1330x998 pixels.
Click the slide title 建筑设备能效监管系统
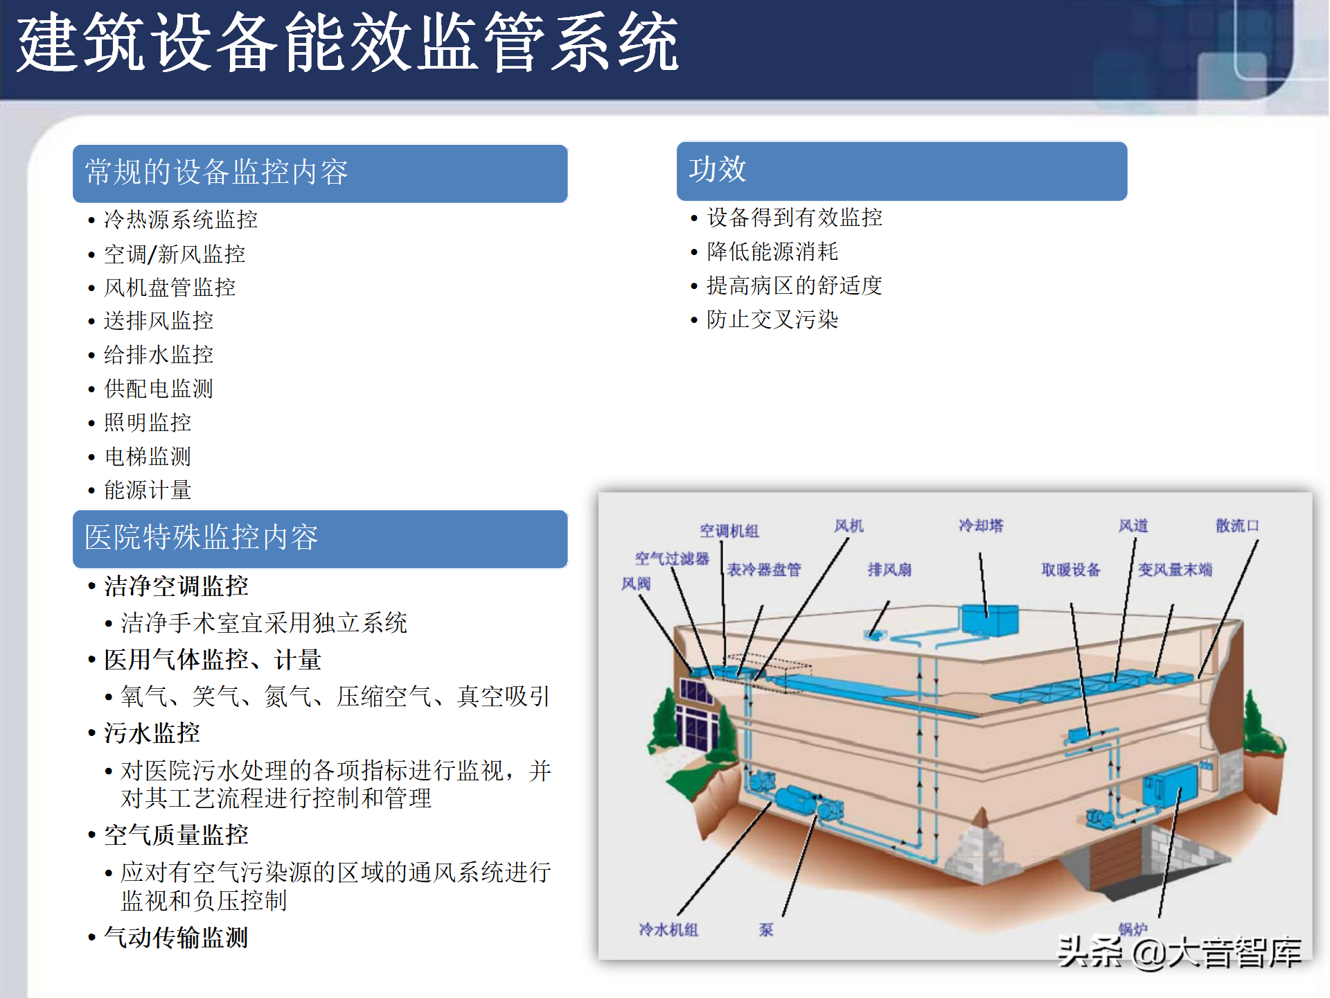point(348,43)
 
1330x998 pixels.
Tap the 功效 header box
point(902,171)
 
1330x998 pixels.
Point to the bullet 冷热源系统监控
point(181,220)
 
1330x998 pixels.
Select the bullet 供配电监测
point(159,389)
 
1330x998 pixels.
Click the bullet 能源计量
point(148,490)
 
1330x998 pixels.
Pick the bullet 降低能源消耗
point(772,252)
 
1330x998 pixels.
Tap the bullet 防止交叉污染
point(772,319)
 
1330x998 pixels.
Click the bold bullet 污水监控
point(152,733)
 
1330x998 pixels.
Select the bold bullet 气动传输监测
point(176,938)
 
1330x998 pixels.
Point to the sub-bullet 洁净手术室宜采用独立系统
point(264,622)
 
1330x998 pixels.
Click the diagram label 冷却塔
point(981,526)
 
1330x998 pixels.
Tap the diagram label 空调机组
point(729,531)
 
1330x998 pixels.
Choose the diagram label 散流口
point(1237,526)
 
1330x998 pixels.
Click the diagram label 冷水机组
point(668,929)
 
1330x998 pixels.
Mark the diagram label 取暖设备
point(1071,570)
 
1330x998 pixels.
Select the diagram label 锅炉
point(1133,929)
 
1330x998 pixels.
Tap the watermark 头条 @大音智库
point(1179,953)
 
